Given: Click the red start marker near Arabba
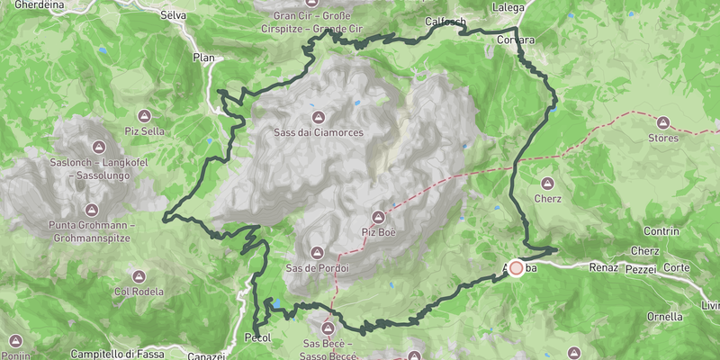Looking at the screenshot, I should click(x=517, y=267).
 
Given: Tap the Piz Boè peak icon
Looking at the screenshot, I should click(x=379, y=218).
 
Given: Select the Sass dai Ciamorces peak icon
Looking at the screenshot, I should click(x=319, y=117).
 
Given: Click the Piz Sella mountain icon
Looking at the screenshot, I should click(x=144, y=116).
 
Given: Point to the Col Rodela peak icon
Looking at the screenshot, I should click(x=124, y=276).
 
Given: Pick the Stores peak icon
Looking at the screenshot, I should click(x=663, y=122).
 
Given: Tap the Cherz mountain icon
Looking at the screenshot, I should click(x=547, y=183).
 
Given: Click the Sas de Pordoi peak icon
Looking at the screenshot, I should click(x=316, y=253).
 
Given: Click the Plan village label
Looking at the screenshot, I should click(x=203, y=57).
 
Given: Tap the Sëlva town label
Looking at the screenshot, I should click(x=172, y=15).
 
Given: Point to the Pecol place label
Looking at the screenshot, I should click(x=258, y=338).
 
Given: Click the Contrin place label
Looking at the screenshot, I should click(x=661, y=231).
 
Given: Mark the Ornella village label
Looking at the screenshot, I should click(x=665, y=317).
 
